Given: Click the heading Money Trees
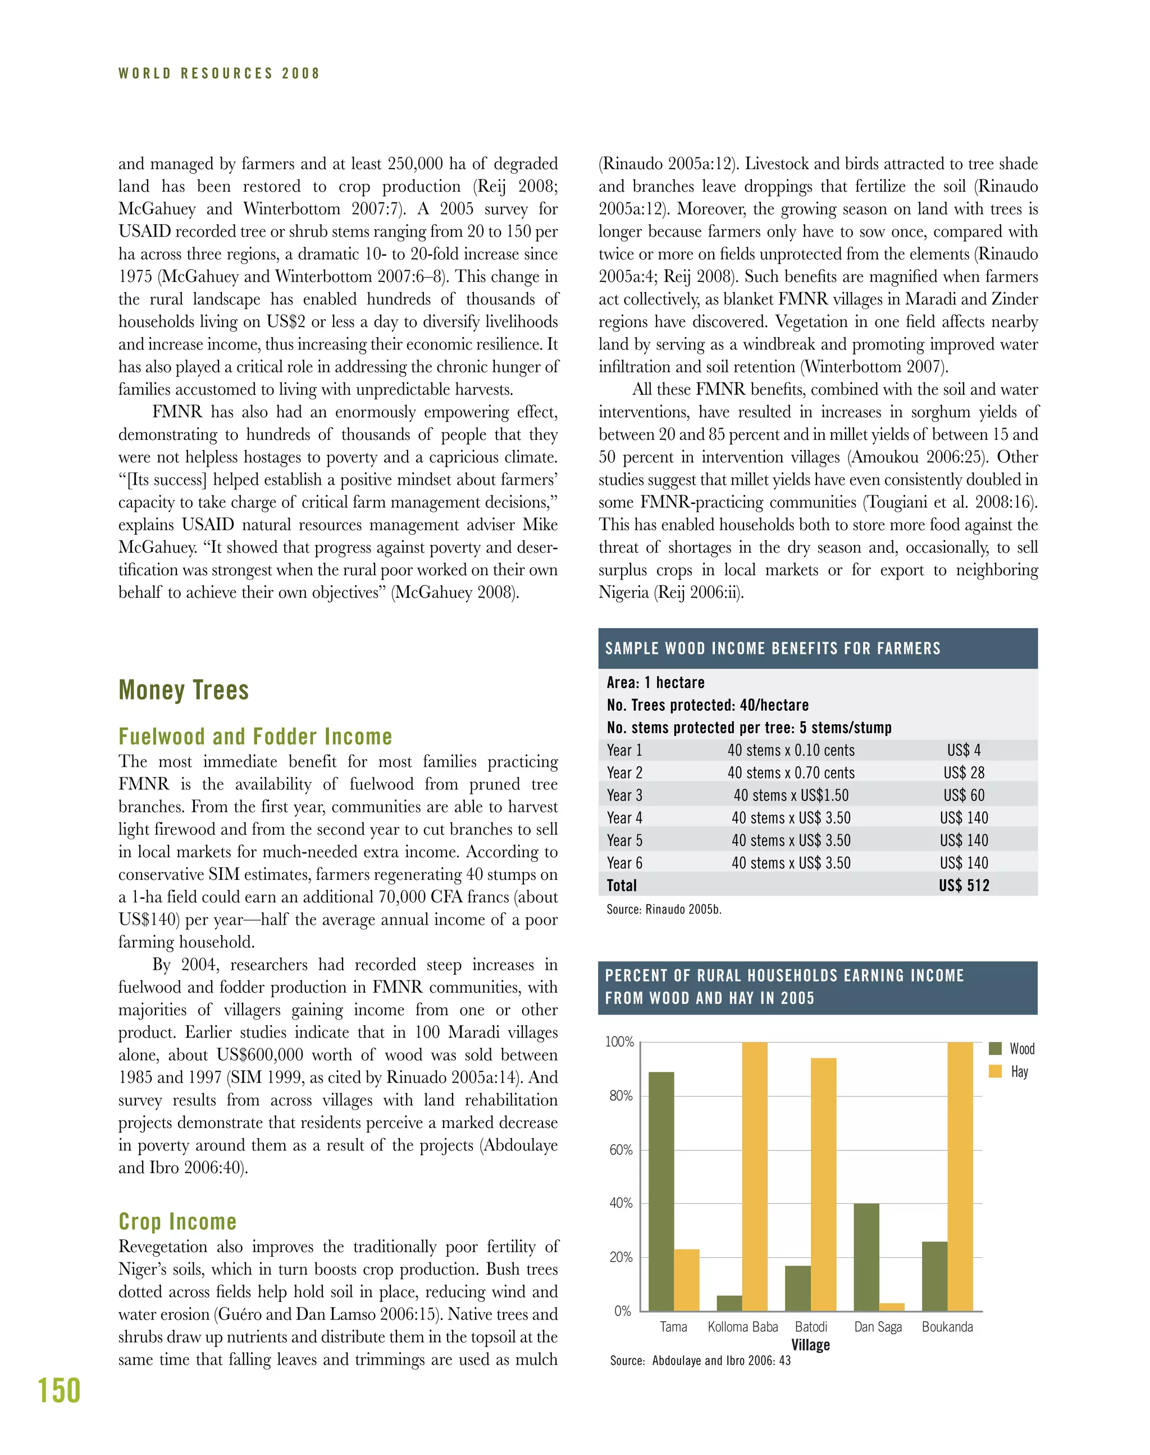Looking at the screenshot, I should click(x=183, y=690).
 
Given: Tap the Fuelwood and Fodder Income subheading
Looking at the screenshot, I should click(x=255, y=736).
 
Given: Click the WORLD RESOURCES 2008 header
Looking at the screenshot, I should click(x=219, y=74).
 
